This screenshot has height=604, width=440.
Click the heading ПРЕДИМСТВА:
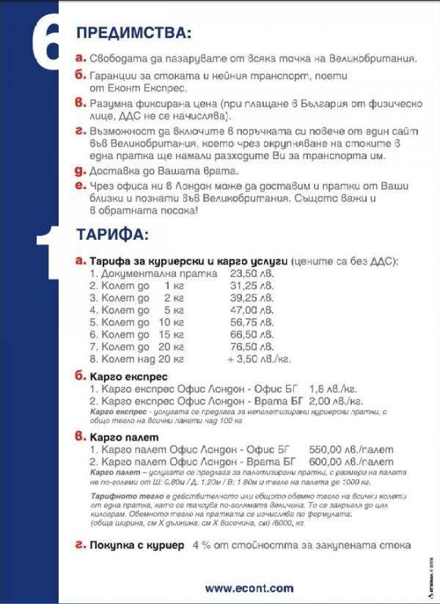pos(133,33)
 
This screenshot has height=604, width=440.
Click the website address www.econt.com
pos(249,588)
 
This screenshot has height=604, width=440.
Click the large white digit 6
pos(47,44)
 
